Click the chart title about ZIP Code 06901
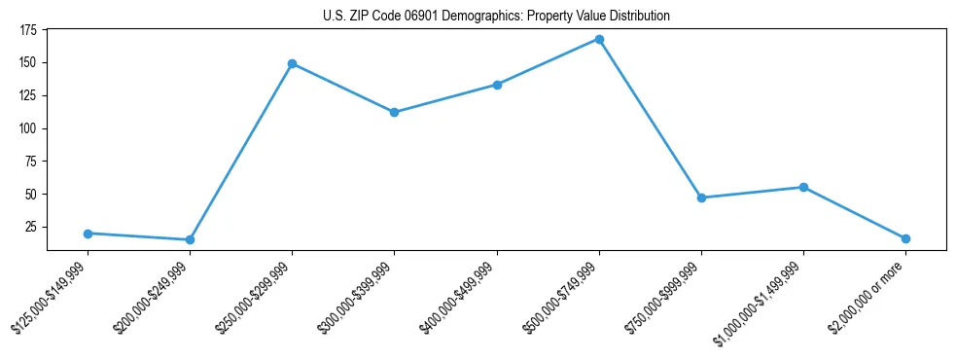point(497,17)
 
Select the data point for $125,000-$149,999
point(88,234)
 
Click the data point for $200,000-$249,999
point(190,239)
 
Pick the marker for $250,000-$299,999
point(292,63)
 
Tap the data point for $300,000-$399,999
point(394,112)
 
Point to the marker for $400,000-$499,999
point(497,85)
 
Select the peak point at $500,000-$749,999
point(599,40)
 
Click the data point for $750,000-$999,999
point(701,198)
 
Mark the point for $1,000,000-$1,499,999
point(803,187)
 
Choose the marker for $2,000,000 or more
point(905,238)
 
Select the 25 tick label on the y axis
point(30,227)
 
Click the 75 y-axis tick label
point(30,162)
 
